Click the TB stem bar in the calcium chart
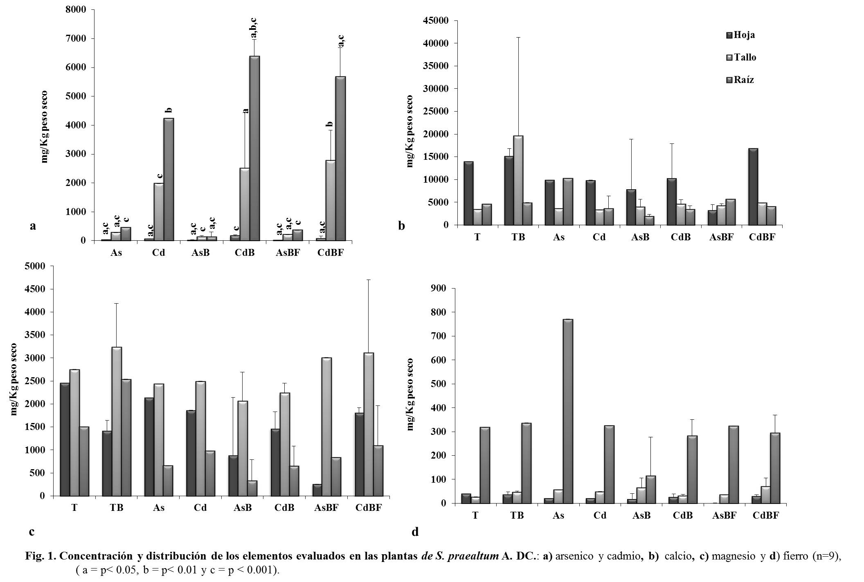[518, 180]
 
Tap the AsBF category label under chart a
[288, 253]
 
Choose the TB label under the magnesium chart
[117, 508]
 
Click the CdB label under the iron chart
[683, 515]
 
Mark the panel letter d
[415, 532]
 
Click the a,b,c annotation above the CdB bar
[254, 28]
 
